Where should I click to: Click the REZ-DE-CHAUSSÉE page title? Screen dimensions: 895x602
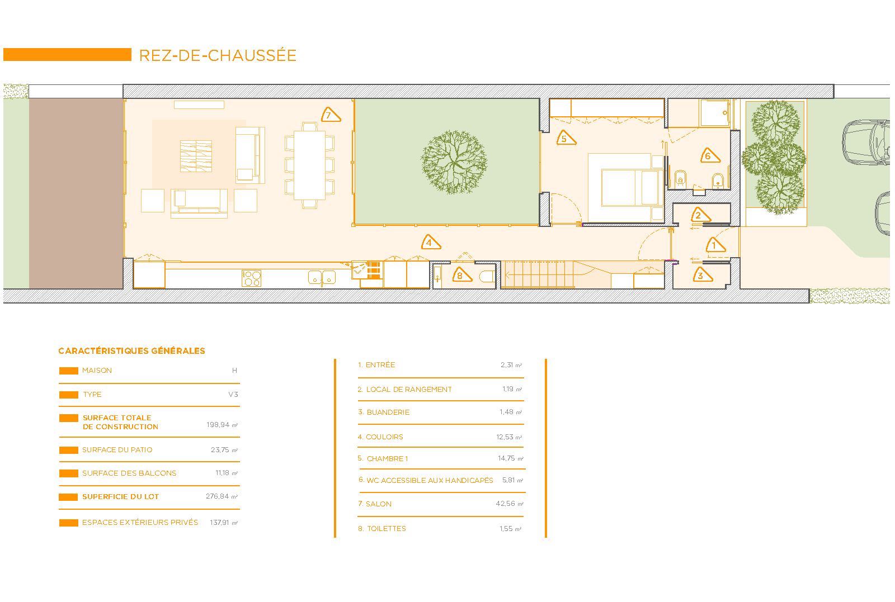[218, 55]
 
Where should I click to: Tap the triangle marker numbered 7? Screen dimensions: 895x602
[331, 115]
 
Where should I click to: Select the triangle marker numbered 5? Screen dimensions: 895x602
[566, 138]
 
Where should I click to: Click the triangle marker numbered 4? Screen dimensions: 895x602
[431, 243]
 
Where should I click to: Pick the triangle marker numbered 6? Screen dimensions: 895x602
[710, 156]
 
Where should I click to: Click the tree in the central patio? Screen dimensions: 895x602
[454, 162]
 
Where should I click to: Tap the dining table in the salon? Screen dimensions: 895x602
[310, 165]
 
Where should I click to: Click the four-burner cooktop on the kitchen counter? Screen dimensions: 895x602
[251, 278]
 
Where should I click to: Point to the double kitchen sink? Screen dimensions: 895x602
[322, 277]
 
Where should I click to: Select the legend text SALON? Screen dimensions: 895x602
[379, 504]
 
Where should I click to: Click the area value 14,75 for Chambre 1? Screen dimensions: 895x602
[506, 458]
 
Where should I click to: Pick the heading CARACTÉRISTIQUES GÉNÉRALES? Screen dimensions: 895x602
[131, 351]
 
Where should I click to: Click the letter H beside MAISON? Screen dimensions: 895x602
[234, 371]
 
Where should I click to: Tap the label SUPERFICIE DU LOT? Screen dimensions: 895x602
[121, 496]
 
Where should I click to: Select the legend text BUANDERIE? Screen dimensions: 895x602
[388, 413]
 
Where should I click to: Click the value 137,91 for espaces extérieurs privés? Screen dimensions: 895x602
[219, 522]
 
